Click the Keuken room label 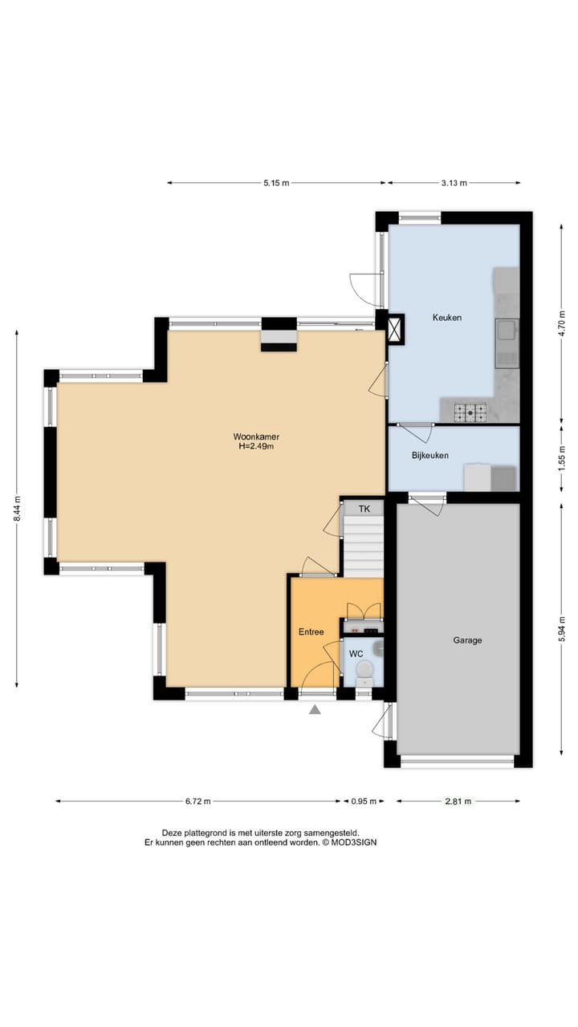coord(446,318)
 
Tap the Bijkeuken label coord(429,456)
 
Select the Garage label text coord(467,640)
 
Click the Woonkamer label coord(256,436)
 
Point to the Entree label coord(311,632)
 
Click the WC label coord(356,654)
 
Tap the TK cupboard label coord(364,509)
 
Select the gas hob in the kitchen coord(470,412)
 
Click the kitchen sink coord(507,330)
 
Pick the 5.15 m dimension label coord(275,183)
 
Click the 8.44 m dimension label coord(17,509)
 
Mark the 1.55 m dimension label coord(562,457)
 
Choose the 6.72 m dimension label coord(197,801)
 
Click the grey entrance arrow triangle coord(315,709)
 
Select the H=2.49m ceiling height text coord(256,446)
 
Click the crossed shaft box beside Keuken coord(396,330)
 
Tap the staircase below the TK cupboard coord(364,546)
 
